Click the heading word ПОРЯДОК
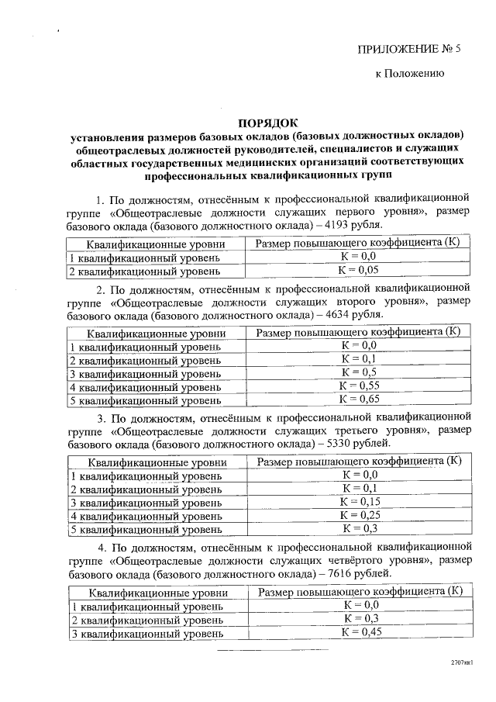click(267, 122)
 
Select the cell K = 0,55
click(359, 386)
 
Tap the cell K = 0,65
click(359, 399)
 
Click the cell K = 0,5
click(359, 372)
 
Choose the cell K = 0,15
click(359, 502)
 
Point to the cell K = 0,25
click(359, 515)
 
